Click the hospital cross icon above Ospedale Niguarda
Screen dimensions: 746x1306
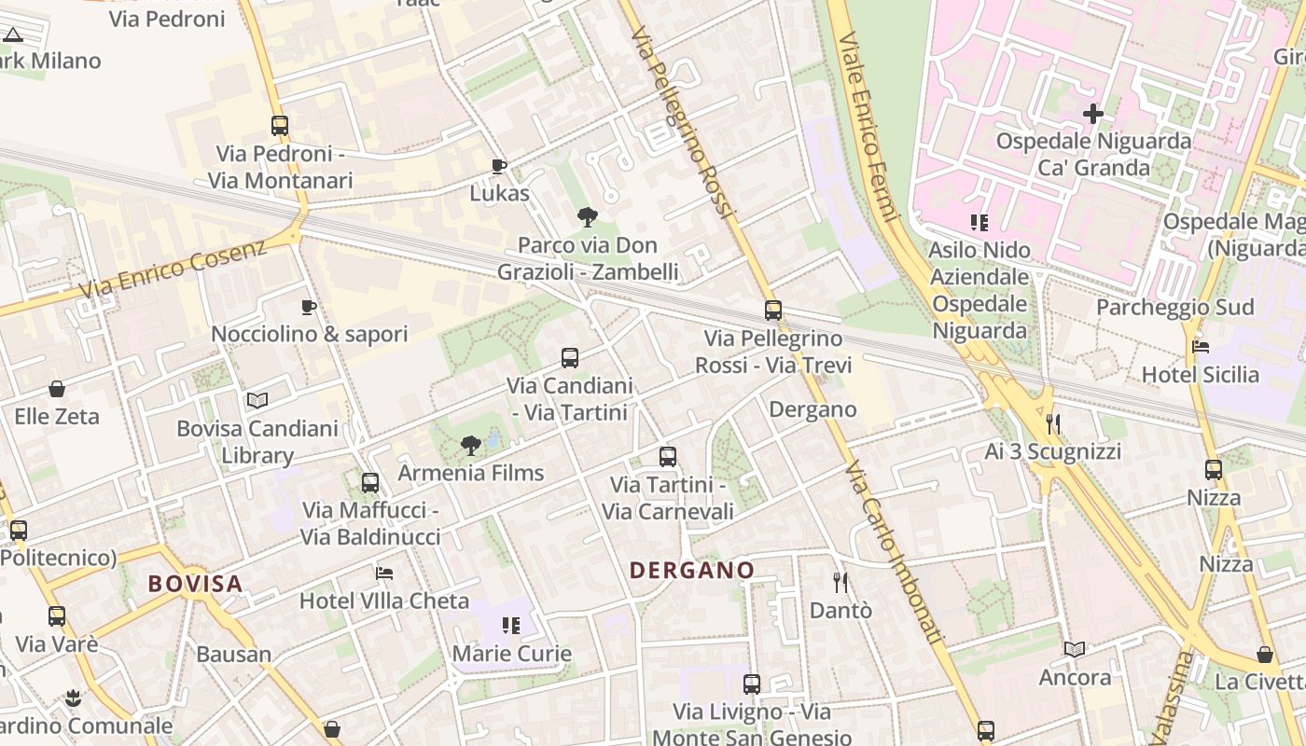click(1093, 115)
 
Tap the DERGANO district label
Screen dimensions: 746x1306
click(691, 570)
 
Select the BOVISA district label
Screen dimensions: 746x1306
click(196, 584)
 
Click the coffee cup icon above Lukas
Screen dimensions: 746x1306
click(499, 166)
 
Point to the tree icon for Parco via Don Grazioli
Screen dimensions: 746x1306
click(588, 217)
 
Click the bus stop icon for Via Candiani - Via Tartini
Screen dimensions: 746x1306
click(570, 357)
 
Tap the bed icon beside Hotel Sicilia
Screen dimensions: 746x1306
click(1201, 347)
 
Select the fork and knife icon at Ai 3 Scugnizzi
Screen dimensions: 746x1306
click(1053, 424)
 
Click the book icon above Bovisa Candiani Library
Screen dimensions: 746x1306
click(257, 400)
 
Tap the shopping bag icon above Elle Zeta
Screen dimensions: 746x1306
click(57, 389)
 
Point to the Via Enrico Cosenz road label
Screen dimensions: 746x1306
click(173, 269)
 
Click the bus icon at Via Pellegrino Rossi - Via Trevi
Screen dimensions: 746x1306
click(773, 311)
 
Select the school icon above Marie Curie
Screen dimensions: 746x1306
click(511, 625)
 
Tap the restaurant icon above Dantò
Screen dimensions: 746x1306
click(841, 583)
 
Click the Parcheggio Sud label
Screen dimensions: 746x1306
click(1174, 307)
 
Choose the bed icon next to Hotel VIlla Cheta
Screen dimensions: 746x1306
click(384, 573)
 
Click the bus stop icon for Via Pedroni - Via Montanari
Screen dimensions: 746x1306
click(280, 125)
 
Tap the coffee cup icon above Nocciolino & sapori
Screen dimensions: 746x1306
click(309, 307)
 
